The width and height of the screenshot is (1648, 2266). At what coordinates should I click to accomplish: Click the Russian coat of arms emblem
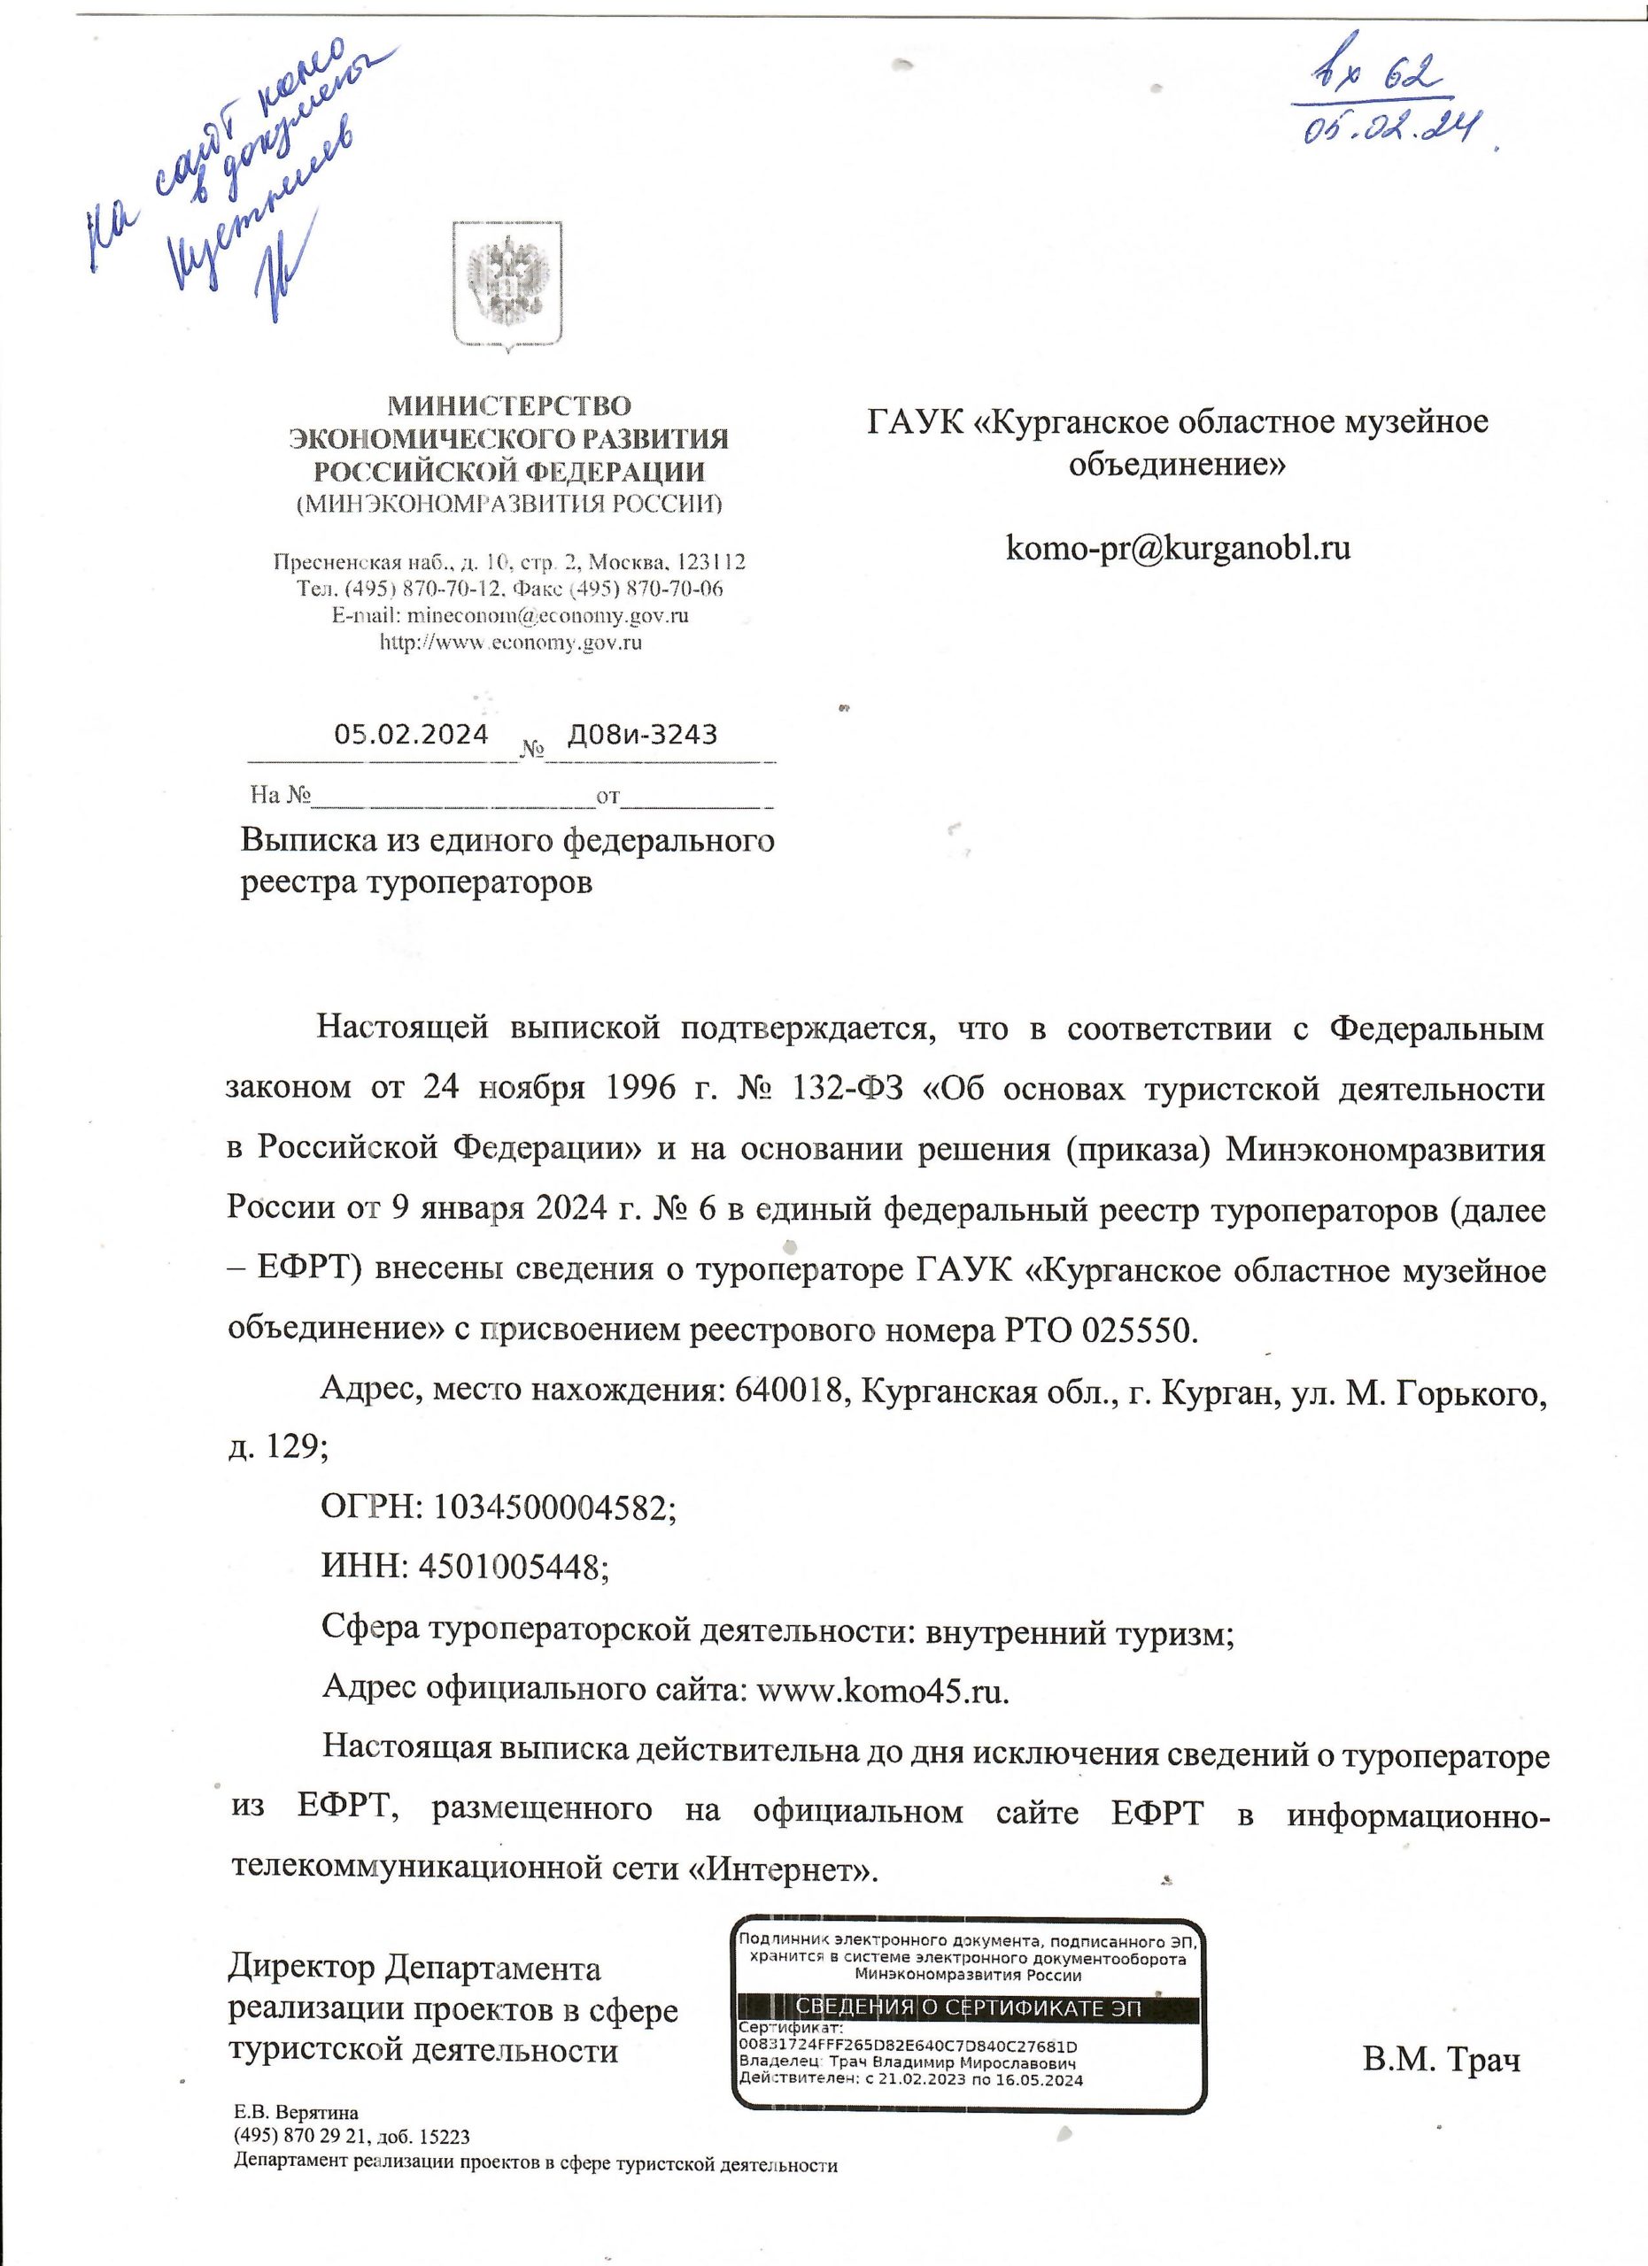tap(507, 285)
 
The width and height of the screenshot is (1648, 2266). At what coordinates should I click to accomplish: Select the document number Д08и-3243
tap(642, 736)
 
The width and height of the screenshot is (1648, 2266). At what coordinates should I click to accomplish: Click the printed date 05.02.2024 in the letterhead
tap(411, 736)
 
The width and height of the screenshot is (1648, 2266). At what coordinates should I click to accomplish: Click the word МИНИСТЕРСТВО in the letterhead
tap(508, 406)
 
